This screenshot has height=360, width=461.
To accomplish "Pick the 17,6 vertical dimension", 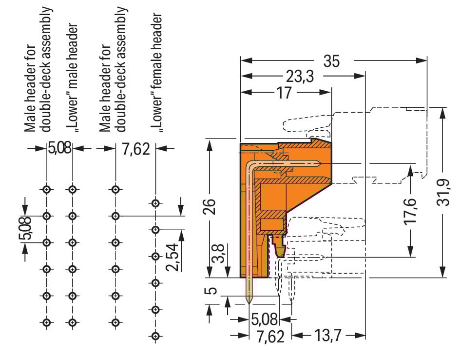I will [x=410, y=210].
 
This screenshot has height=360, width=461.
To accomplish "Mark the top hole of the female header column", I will [x=155, y=203].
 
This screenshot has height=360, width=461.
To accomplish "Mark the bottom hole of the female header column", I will [x=155, y=336].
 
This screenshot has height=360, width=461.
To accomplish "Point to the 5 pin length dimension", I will [x=211, y=291].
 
